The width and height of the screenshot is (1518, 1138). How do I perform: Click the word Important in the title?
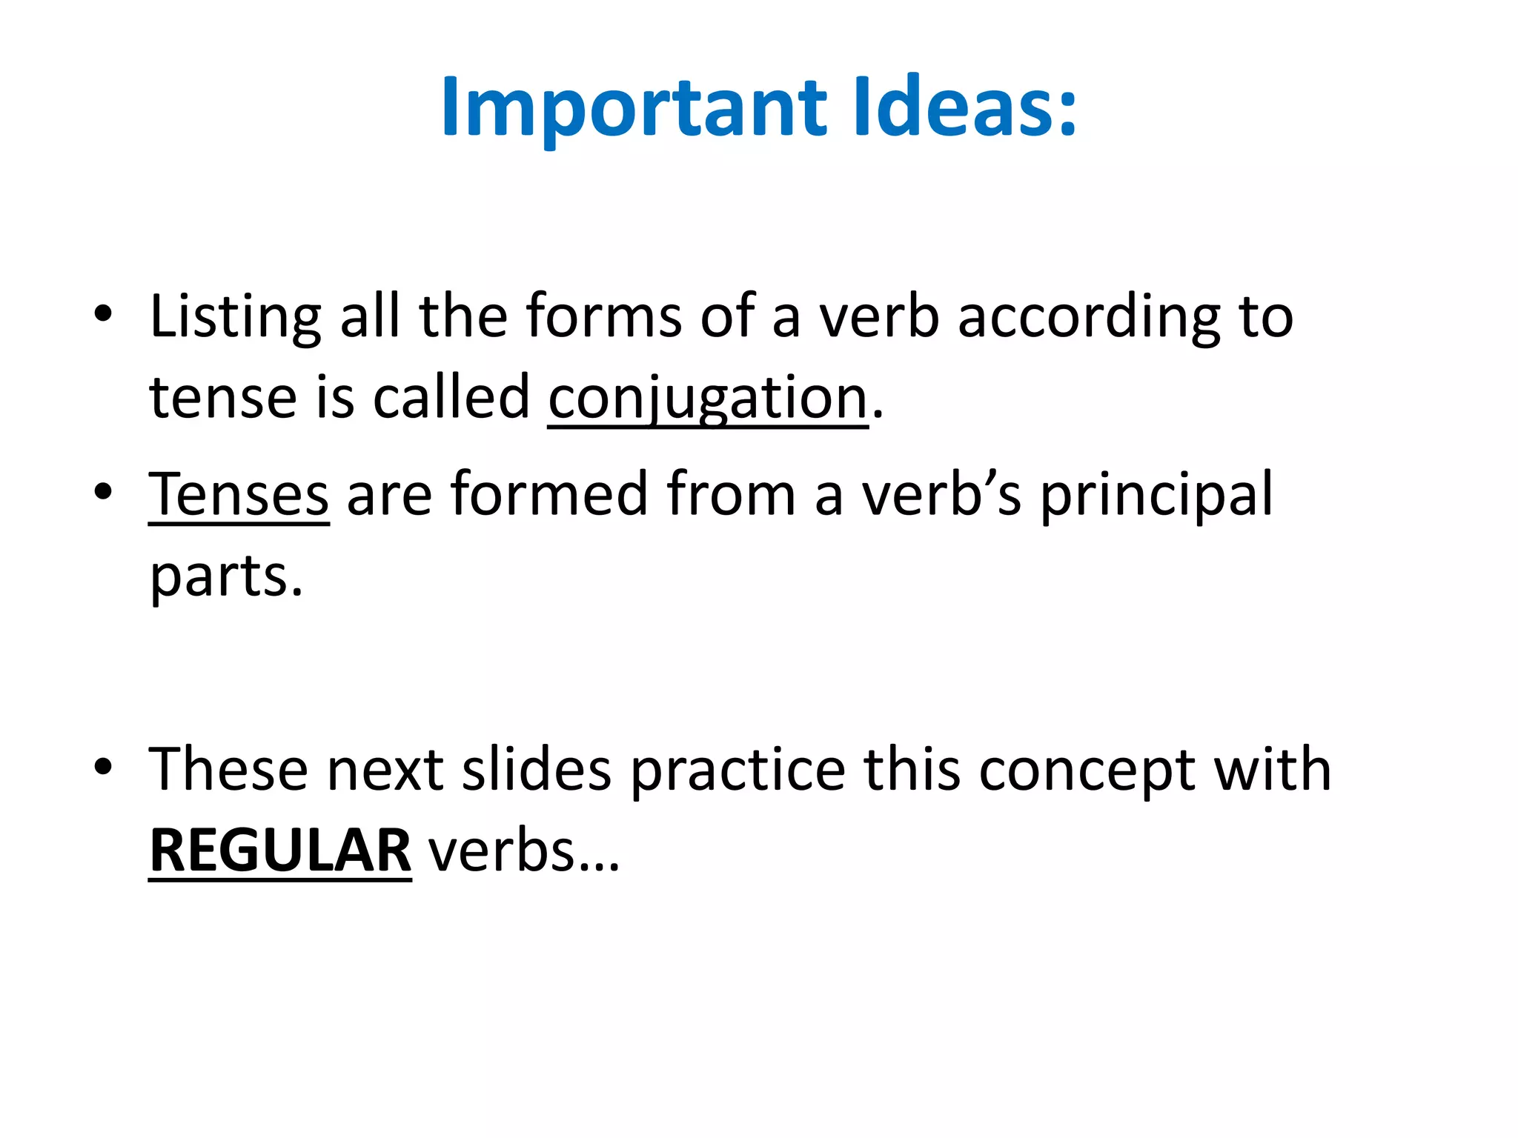(x=634, y=107)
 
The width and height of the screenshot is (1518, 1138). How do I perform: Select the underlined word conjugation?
(x=708, y=398)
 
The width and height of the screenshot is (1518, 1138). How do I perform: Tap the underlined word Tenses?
(x=239, y=494)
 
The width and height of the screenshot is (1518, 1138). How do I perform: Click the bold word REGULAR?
(x=280, y=851)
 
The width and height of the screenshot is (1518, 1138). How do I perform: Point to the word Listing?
(x=235, y=317)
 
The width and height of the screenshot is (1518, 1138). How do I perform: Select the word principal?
(x=1156, y=494)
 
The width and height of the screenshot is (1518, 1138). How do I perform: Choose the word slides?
(x=537, y=770)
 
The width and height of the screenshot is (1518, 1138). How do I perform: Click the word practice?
(x=738, y=770)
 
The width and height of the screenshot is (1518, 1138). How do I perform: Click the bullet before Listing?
(x=103, y=314)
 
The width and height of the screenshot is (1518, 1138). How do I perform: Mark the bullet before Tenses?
(x=103, y=492)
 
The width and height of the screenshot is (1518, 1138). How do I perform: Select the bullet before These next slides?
(x=103, y=768)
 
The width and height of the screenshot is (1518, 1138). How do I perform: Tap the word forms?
(x=603, y=317)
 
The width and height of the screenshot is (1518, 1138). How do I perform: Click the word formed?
(x=549, y=494)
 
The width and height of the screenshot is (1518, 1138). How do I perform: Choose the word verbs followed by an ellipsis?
(x=523, y=851)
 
